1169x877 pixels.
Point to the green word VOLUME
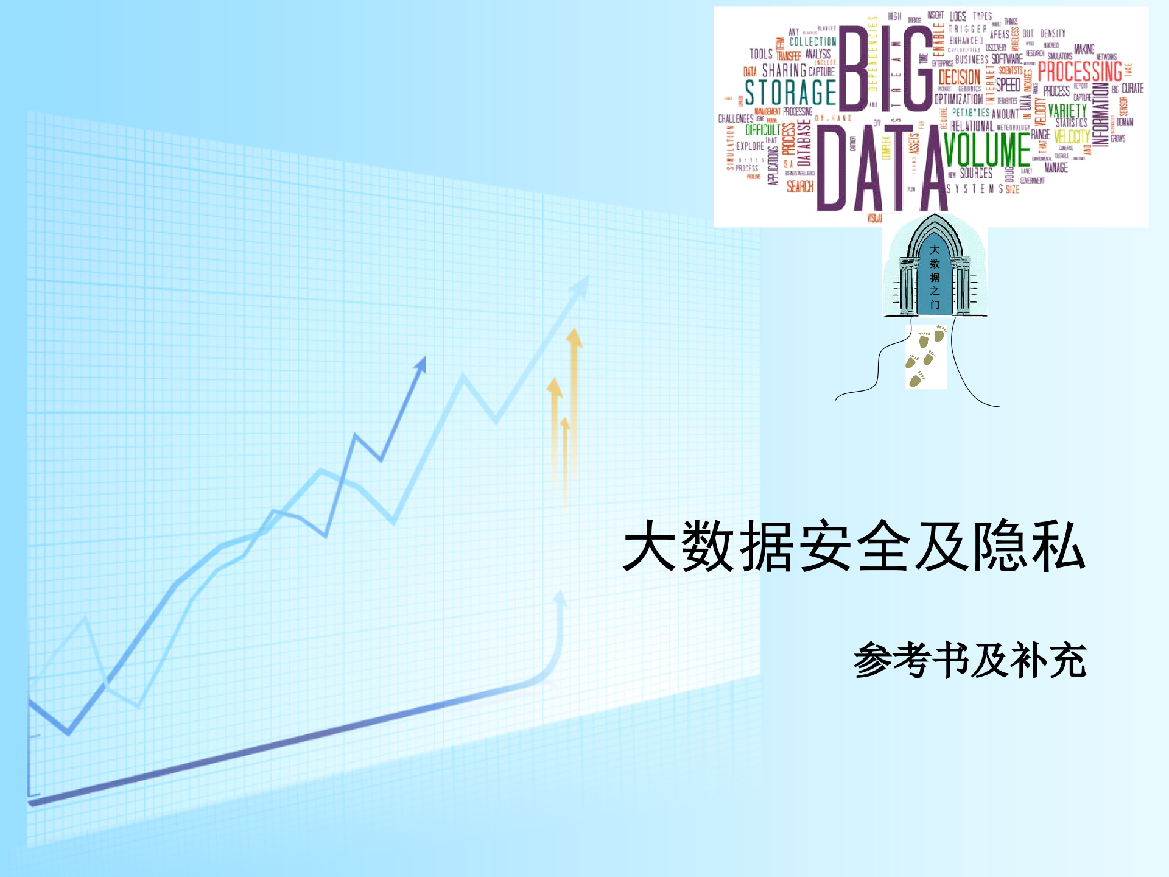(x=987, y=150)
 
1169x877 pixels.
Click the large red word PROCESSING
(x=1079, y=71)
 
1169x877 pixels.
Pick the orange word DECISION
(x=959, y=77)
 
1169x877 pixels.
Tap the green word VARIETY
(x=1067, y=111)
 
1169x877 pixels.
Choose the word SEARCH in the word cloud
(x=800, y=186)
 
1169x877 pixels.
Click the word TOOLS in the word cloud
(x=761, y=54)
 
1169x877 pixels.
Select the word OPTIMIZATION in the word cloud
(x=958, y=99)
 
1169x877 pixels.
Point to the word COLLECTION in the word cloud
(x=812, y=42)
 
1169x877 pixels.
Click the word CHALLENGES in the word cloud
(x=735, y=119)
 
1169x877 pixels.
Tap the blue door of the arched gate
(x=935, y=277)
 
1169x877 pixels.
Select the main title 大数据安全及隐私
(x=854, y=546)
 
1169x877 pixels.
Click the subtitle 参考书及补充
(x=970, y=660)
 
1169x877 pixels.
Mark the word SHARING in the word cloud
(x=784, y=71)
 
